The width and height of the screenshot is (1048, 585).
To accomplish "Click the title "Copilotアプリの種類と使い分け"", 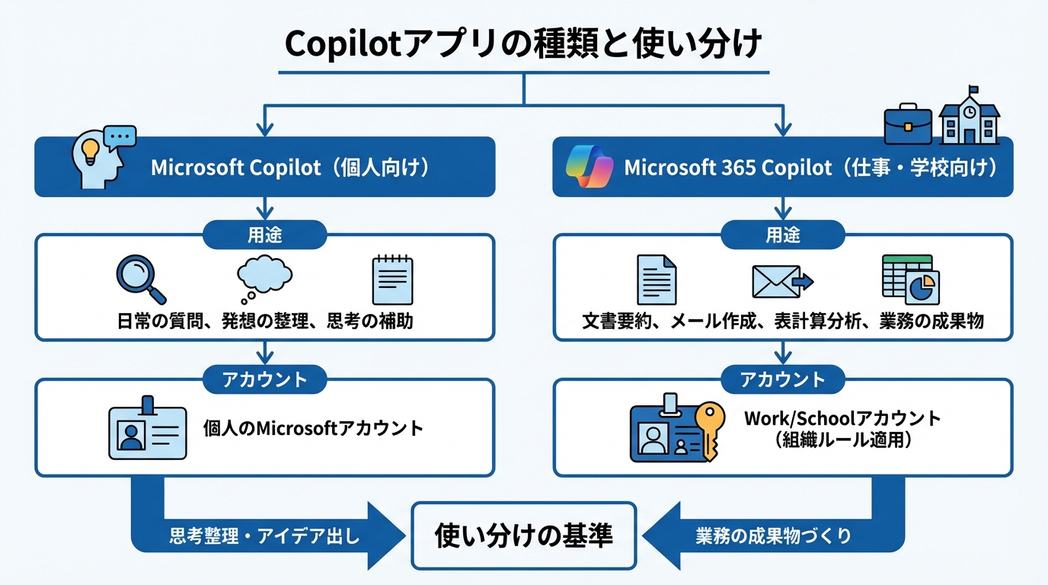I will pos(523,44).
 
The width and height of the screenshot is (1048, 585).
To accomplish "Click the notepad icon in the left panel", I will pos(392,280).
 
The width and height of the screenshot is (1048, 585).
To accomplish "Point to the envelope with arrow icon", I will pos(781,281).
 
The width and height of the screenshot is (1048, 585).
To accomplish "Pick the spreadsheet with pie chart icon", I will pos(910,280).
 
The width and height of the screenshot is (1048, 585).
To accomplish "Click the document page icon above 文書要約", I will pos(656,280).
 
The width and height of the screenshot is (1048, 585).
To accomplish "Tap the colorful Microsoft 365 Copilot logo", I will pos(589,167).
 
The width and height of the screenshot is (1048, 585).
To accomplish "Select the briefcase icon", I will pos(908,124).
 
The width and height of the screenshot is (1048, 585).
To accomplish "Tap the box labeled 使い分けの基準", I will pos(523,535).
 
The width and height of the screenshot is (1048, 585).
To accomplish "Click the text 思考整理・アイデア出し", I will pos(264,536).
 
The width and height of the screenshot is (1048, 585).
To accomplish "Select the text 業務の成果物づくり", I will pos(773,536).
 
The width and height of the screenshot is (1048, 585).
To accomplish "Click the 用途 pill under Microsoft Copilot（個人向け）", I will pos(264,235).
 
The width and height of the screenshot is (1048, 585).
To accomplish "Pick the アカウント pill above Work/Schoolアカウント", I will pos(783,379).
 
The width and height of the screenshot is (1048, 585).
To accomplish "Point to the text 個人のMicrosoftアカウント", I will pos(313,428).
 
